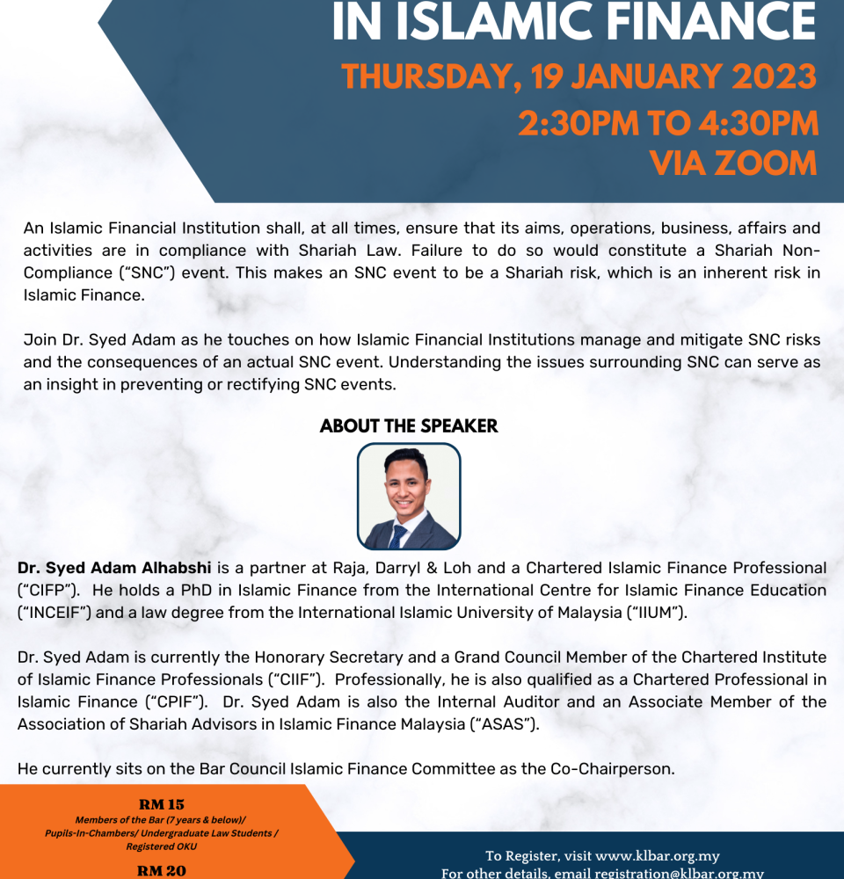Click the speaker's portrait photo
[408, 497]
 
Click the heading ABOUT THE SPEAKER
[409, 426]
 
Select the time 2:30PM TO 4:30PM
[668, 122]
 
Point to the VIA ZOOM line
[733, 163]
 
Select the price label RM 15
[161, 803]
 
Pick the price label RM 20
[161, 871]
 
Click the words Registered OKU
[161, 846]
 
